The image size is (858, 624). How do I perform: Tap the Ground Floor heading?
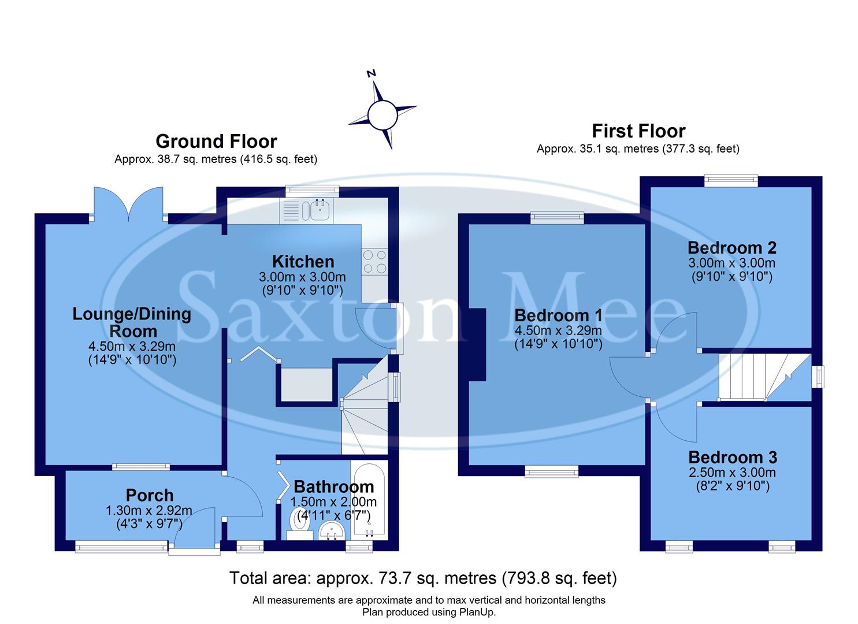(216, 142)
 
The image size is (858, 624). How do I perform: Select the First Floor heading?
(638, 131)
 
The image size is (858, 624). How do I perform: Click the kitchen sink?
(319, 210)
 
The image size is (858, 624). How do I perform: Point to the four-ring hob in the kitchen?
(374, 261)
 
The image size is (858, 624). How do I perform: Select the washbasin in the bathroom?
(332, 530)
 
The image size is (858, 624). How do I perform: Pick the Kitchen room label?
(303, 262)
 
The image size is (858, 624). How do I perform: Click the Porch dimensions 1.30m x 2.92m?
(149, 511)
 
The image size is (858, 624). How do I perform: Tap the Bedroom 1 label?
(558, 315)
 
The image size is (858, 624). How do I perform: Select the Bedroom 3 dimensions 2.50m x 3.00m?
(732, 473)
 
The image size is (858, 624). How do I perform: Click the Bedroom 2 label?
(731, 248)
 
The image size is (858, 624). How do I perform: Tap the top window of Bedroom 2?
(731, 181)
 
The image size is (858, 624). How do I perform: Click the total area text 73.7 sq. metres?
(423, 578)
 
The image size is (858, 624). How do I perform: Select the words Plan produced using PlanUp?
(429, 612)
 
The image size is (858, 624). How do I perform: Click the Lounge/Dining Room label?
(132, 322)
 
